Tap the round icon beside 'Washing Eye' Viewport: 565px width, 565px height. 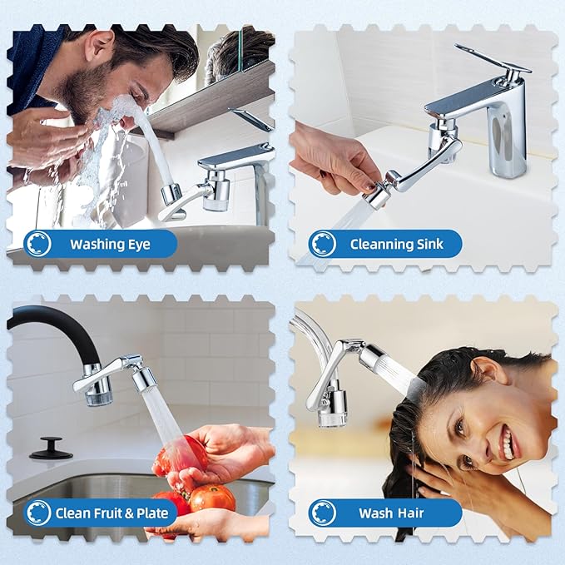pos(38,244)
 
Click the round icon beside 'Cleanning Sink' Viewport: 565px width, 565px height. pos(323,244)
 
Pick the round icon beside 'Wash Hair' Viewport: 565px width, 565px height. pos(323,513)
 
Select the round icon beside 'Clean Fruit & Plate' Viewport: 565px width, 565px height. pos(38,513)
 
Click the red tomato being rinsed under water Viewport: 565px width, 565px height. pos(177,456)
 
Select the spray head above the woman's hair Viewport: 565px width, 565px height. pos(384,366)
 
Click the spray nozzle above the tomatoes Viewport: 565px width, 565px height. pos(143,379)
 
